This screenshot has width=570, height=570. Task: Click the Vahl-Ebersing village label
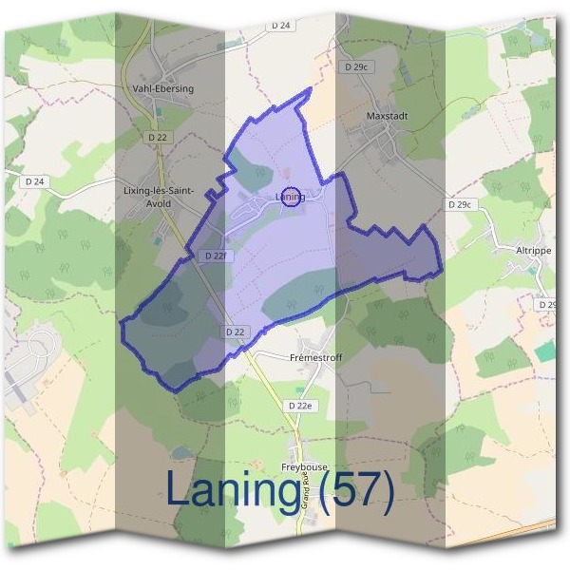163,88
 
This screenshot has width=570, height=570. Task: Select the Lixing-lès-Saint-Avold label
159,196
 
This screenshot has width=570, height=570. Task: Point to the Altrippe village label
533,250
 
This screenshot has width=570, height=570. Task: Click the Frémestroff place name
313,358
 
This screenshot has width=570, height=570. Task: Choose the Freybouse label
304,467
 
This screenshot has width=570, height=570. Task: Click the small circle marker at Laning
293,197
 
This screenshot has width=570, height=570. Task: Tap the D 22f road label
215,256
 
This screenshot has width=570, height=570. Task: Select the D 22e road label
300,406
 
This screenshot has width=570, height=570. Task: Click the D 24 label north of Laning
280,26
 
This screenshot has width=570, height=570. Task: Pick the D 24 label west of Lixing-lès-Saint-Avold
35,180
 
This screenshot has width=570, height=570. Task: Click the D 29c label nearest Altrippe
459,204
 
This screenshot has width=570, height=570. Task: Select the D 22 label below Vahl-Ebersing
158,138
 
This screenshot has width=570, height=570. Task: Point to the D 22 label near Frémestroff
237,331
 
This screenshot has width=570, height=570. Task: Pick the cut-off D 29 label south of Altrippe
546,305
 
